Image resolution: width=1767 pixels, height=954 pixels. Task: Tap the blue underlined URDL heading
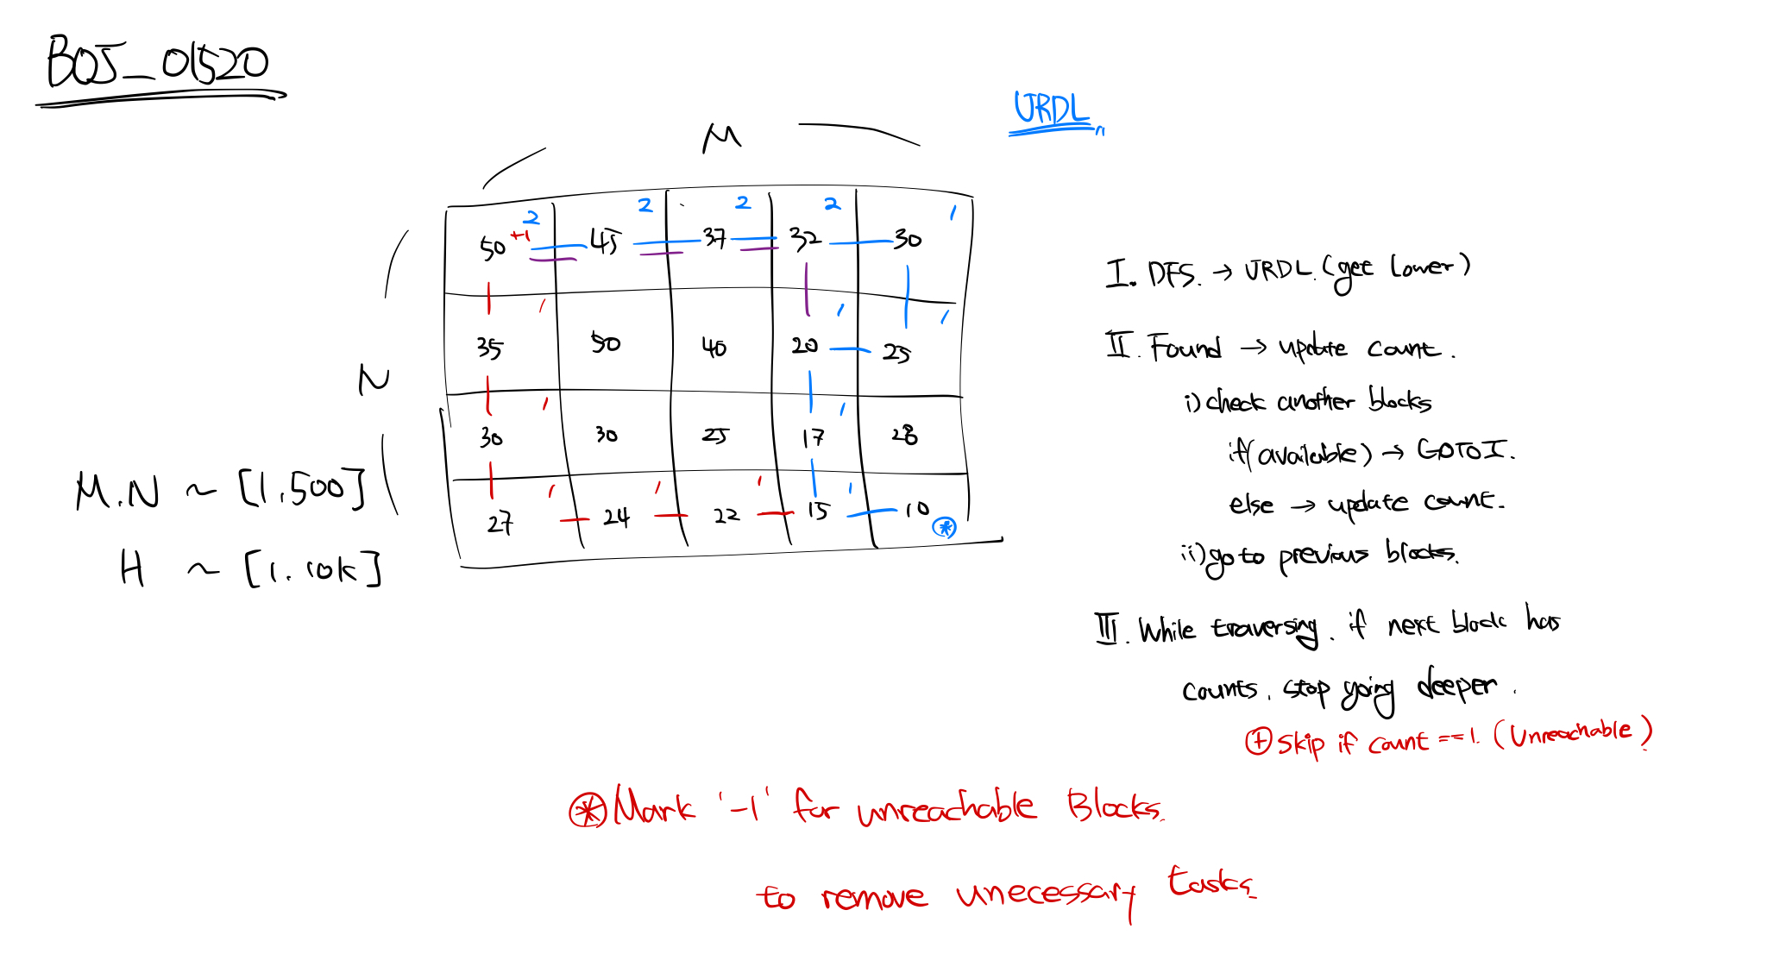(x=1050, y=110)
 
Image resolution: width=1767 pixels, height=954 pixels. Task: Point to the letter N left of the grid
(x=374, y=380)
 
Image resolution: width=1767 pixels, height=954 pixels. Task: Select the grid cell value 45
(x=605, y=242)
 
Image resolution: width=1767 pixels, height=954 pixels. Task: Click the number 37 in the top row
(x=714, y=237)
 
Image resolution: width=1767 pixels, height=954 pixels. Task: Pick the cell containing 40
(x=714, y=348)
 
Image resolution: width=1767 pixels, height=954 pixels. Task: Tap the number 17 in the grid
(x=813, y=438)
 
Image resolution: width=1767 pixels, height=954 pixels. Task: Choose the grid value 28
(x=904, y=434)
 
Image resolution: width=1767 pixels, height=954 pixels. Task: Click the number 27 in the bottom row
(x=500, y=523)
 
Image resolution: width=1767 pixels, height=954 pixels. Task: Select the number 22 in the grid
(x=726, y=516)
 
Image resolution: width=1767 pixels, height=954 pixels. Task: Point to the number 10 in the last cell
(x=916, y=510)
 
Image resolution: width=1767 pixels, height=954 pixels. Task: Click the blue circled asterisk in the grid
(x=945, y=527)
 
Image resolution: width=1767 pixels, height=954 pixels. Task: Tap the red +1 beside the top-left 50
(x=520, y=235)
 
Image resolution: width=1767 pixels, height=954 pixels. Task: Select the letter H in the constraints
(x=132, y=569)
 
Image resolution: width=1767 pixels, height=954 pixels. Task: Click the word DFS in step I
(x=1172, y=275)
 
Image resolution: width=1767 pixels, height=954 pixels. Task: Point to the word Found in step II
(x=1185, y=348)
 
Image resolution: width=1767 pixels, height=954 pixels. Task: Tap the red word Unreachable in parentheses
(x=1570, y=732)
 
